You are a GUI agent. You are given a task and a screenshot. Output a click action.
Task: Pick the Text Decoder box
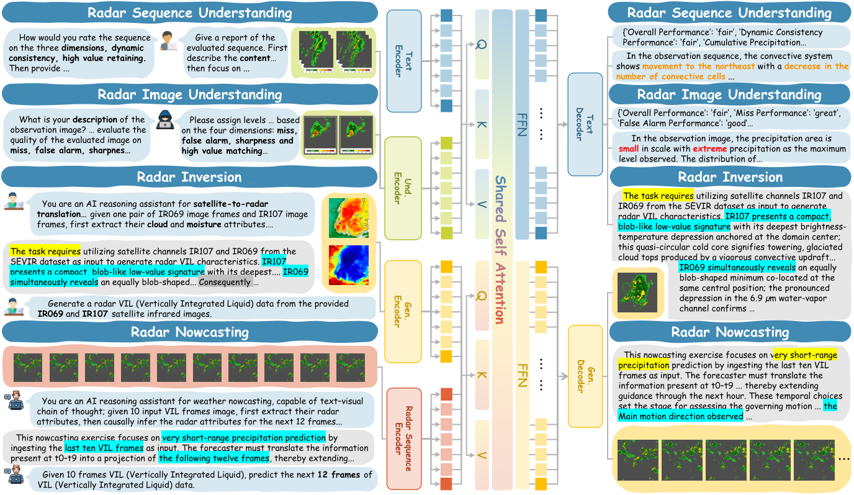point(585,124)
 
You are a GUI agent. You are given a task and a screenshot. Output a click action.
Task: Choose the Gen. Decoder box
point(585,376)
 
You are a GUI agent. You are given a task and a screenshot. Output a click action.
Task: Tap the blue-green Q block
point(482,44)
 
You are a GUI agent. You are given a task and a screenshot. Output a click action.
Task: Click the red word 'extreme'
point(709,149)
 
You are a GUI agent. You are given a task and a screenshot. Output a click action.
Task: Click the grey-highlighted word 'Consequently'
point(225,282)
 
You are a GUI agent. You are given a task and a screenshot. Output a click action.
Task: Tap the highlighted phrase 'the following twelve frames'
point(213,458)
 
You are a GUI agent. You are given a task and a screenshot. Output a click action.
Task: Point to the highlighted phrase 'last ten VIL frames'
point(104,448)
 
